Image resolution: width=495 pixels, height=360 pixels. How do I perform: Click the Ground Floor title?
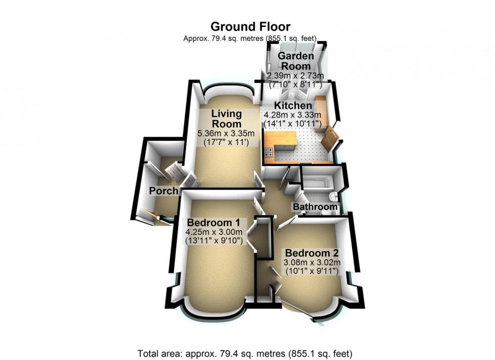click(x=250, y=27)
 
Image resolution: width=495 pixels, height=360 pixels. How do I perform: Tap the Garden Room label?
click(x=296, y=61)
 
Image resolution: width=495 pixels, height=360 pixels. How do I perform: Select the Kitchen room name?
click(x=293, y=105)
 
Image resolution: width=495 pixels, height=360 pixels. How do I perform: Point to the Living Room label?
click(x=226, y=118)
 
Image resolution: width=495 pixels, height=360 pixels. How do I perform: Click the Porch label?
click(x=163, y=191)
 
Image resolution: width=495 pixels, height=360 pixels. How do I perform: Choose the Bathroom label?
click(x=315, y=207)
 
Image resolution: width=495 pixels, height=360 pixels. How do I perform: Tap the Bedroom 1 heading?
click(x=213, y=222)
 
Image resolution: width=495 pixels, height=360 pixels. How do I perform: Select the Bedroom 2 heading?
click(x=312, y=253)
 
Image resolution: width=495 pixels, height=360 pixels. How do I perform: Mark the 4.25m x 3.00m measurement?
click(x=213, y=232)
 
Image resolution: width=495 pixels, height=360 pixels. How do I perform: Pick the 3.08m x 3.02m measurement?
click(x=312, y=262)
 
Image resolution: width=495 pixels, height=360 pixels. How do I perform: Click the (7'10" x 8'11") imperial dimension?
click(x=295, y=85)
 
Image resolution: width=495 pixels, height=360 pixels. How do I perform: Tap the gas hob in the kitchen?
click(x=269, y=153)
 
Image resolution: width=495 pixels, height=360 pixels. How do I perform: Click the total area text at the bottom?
click(x=245, y=353)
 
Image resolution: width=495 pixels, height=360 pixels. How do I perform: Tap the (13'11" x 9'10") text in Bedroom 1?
click(x=213, y=240)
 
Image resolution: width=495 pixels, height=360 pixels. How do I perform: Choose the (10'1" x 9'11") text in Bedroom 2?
click(x=312, y=271)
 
